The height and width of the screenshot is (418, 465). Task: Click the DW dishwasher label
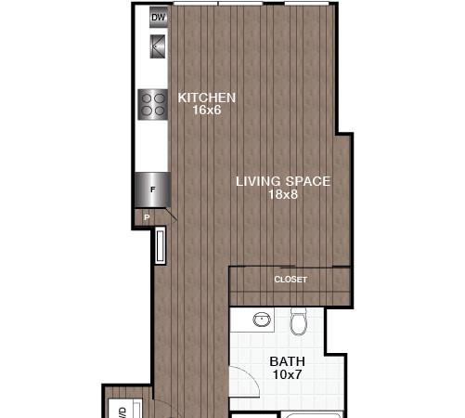(x=159, y=18)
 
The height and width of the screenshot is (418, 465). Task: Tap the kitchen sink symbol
(x=158, y=46)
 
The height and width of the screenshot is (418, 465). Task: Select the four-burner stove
(x=153, y=104)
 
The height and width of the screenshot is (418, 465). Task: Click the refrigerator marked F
(x=152, y=189)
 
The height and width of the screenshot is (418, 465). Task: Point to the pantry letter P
(x=147, y=217)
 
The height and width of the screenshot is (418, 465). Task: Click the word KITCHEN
(x=207, y=98)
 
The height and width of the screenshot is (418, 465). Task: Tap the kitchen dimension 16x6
(x=207, y=110)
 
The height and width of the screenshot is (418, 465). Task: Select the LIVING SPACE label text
(x=283, y=181)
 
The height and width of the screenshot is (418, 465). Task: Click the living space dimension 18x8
(x=283, y=194)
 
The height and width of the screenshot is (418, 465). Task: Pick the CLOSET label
(x=291, y=280)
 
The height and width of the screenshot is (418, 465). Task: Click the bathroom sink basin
(x=262, y=320)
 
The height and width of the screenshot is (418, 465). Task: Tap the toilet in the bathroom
(x=299, y=321)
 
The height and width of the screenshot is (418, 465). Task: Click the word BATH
(x=288, y=361)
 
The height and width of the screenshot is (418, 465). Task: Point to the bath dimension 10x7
(x=288, y=374)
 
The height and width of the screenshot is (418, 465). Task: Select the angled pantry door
(x=171, y=215)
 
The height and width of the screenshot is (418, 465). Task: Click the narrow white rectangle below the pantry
(x=161, y=245)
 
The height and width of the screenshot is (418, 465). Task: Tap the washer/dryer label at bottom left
(x=123, y=412)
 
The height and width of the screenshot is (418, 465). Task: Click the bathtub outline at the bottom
(x=312, y=414)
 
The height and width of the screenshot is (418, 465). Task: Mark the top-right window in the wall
(x=306, y=4)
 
